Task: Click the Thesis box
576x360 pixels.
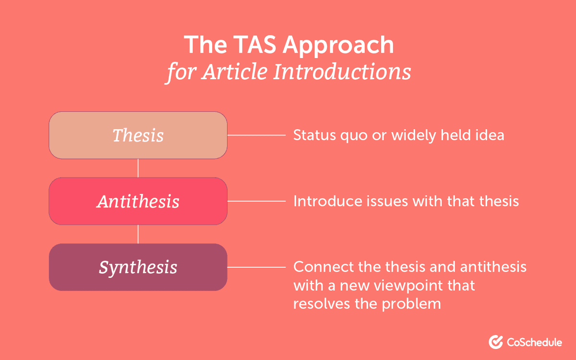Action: pyautogui.click(x=138, y=135)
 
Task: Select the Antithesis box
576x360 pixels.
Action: pyautogui.click(x=138, y=201)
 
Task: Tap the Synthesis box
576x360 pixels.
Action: pyautogui.click(x=138, y=267)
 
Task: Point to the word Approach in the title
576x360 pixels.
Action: pyautogui.click(x=338, y=45)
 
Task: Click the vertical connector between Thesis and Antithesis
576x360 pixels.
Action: pyautogui.click(x=138, y=168)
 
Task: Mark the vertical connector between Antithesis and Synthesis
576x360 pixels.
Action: pyautogui.click(x=138, y=234)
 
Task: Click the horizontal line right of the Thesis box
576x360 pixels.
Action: pyautogui.click(x=256, y=135)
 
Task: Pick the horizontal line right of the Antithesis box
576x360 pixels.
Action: pyautogui.click(x=256, y=201)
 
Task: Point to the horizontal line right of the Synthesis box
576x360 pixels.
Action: pyautogui.click(x=256, y=267)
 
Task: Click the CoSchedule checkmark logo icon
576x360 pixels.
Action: pyautogui.click(x=496, y=342)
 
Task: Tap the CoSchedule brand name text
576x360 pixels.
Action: pyautogui.click(x=534, y=342)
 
